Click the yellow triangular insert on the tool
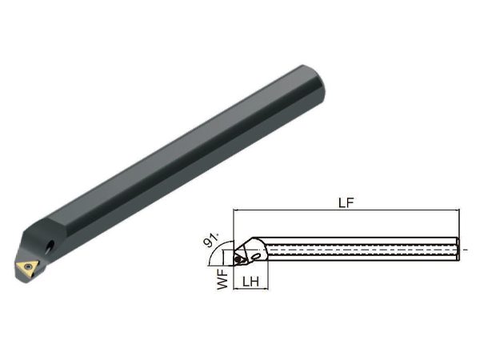(27, 268)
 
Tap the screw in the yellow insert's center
(29, 266)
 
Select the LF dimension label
(346, 202)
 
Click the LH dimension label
(250, 282)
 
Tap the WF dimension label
(223, 279)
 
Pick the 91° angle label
(211, 239)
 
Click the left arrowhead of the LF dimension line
(236, 210)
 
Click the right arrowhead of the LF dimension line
(457, 210)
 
